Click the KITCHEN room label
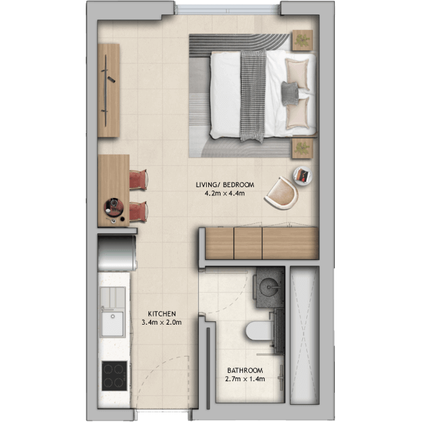click(x=162, y=314)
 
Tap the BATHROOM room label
click(x=245, y=370)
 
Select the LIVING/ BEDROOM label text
click(x=225, y=185)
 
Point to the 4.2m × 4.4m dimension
click(x=225, y=193)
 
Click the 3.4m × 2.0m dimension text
click(x=162, y=322)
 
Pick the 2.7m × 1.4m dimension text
click(x=245, y=379)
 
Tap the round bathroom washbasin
click(x=270, y=287)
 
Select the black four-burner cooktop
click(x=114, y=376)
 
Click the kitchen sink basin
click(x=113, y=324)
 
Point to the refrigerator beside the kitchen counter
click(x=117, y=253)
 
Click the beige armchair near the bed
click(x=282, y=193)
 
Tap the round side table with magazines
click(x=302, y=175)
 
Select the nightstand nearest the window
click(x=302, y=40)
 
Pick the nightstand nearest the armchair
click(x=302, y=148)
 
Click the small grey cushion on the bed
click(x=290, y=93)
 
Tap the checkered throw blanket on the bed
click(x=253, y=95)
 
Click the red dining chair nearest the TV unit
click(x=138, y=180)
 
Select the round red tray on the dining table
click(x=114, y=208)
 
